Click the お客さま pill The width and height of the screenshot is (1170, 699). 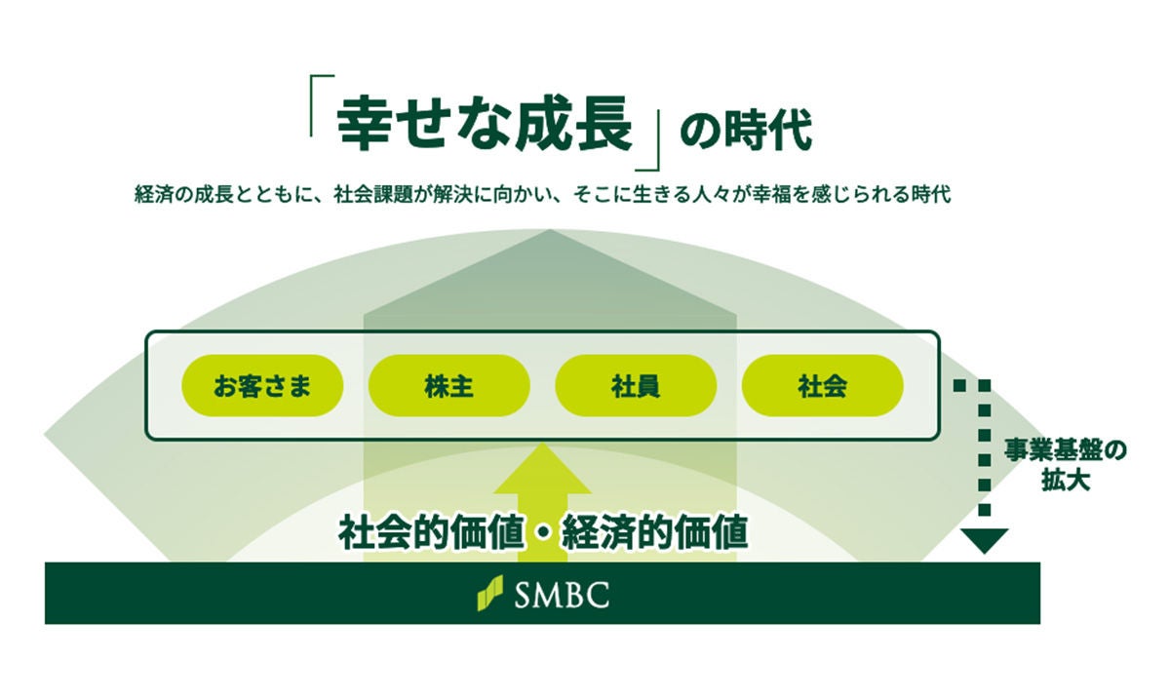click(262, 385)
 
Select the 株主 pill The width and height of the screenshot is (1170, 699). click(449, 385)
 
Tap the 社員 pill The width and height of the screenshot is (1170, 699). click(636, 385)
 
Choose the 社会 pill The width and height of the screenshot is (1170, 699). click(823, 385)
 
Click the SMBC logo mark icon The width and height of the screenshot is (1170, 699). click(489, 593)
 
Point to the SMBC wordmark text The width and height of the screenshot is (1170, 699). click(562, 595)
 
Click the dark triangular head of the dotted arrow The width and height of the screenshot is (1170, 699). click(985, 541)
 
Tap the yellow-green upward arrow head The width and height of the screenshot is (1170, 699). click(543, 469)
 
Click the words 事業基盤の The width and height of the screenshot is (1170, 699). click(1065, 451)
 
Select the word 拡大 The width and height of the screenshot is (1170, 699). click(1066, 480)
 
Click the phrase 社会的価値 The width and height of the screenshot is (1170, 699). click(431, 533)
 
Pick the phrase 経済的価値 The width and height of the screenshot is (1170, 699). click(655, 533)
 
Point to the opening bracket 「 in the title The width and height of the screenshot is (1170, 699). click(314, 105)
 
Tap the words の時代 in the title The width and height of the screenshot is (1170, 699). click(746, 130)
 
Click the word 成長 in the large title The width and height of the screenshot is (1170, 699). click(573, 124)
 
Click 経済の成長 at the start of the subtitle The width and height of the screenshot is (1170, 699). click(184, 195)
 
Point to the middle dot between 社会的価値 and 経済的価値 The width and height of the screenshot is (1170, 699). click(543, 534)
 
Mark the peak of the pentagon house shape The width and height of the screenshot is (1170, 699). click(550, 230)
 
